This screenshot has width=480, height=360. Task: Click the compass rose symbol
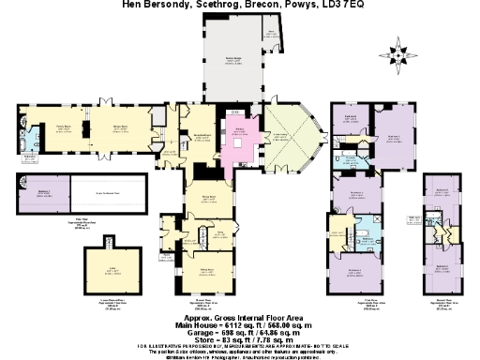pyautogui.click(x=401, y=52)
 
